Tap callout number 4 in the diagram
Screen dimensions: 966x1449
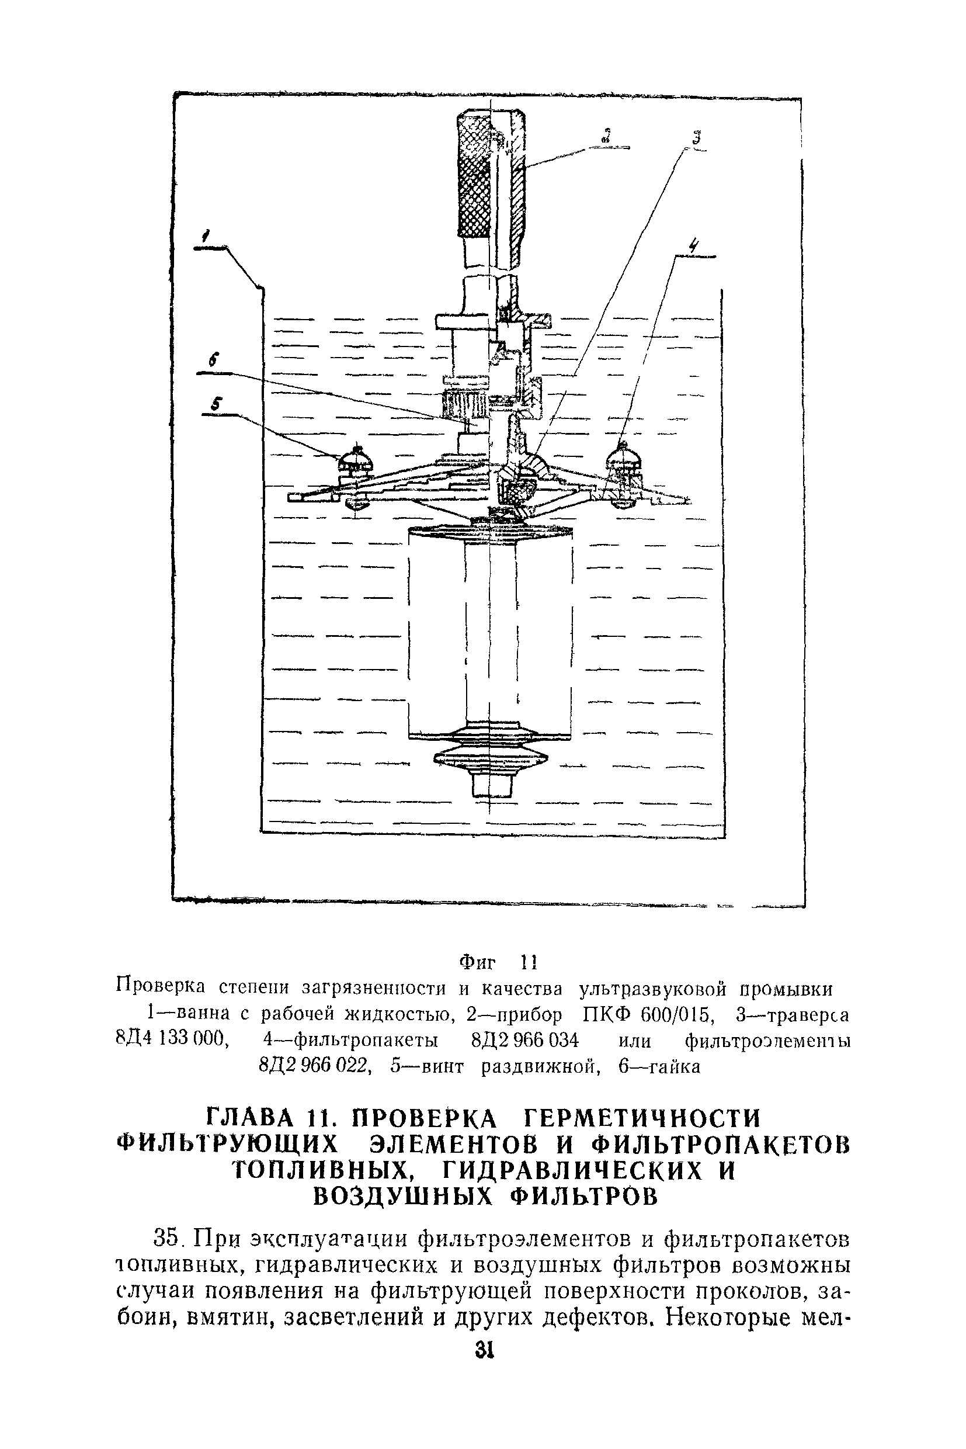click(694, 245)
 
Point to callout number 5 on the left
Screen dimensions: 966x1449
click(215, 404)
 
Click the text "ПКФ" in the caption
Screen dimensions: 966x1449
click(602, 1014)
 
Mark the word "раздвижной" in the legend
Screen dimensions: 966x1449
click(540, 1067)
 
